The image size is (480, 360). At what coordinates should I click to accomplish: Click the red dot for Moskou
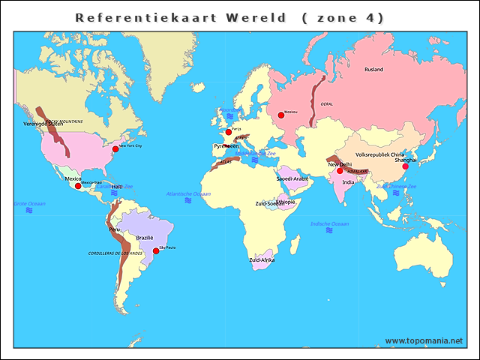pyautogui.click(x=281, y=115)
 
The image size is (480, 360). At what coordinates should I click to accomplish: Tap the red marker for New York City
pyautogui.click(x=115, y=149)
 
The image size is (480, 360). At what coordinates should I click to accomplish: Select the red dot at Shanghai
pyautogui.click(x=406, y=166)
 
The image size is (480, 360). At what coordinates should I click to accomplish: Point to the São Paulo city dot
pyautogui.click(x=156, y=251)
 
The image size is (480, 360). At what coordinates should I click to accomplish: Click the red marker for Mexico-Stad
pyautogui.click(x=78, y=186)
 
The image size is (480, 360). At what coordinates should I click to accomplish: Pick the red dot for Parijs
pyautogui.click(x=229, y=132)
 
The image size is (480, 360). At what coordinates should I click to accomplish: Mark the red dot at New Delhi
pyautogui.click(x=340, y=171)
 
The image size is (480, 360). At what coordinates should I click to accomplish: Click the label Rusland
pyautogui.click(x=373, y=70)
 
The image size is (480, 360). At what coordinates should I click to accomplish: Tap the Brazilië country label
pyautogui.click(x=145, y=237)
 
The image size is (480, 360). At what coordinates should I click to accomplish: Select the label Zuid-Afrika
pyautogui.click(x=262, y=259)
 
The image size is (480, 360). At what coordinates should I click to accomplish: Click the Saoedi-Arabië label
pyautogui.click(x=292, y=179)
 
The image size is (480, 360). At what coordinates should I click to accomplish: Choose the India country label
pyautogui.click(x=349, y=182)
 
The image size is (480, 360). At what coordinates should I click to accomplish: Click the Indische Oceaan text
pyautogui.click(x=329, y=223)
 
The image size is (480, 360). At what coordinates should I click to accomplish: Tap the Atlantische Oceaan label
pyautogui.click(x=188, y=193)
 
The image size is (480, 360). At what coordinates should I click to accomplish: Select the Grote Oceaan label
pyautogui.click(x=29, y=204)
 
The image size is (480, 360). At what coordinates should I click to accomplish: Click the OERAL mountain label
pyautogui.click(x=326, y=104)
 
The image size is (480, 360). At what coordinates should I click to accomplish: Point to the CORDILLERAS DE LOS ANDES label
pyautogui.click(x=115, y=253)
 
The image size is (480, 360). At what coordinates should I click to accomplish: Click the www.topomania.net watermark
pyautogui.click(x=424, y=340)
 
